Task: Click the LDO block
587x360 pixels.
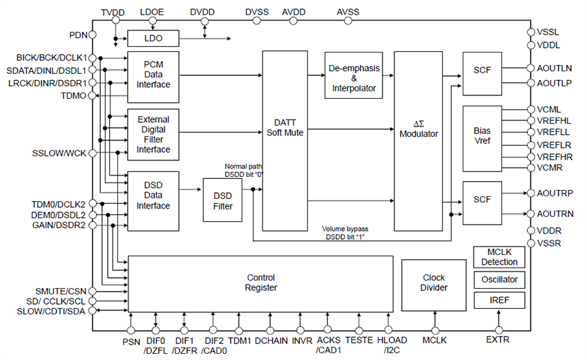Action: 152,38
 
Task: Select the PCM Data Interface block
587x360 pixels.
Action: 153,74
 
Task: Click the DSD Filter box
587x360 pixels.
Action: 222,200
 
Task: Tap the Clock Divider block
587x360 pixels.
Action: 434,283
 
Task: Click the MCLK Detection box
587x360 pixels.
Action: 499,257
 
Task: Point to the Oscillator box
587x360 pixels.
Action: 499,280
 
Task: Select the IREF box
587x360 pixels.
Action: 499,301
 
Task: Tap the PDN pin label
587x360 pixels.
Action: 78,35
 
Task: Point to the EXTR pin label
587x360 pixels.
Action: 498,340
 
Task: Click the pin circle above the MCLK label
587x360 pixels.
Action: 434,330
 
